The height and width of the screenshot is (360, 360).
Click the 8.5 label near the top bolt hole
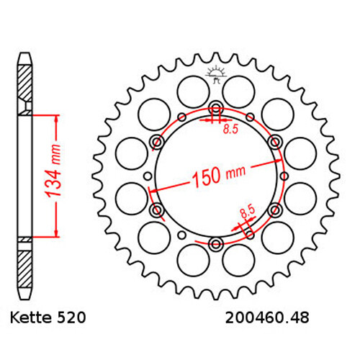point(230,130)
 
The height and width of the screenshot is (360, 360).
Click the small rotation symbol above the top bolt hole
point(215,73)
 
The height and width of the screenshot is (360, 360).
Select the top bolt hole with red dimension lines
point(215,109)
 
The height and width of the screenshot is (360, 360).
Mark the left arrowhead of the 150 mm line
point(153,191)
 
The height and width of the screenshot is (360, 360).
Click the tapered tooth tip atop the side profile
point(24,57)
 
